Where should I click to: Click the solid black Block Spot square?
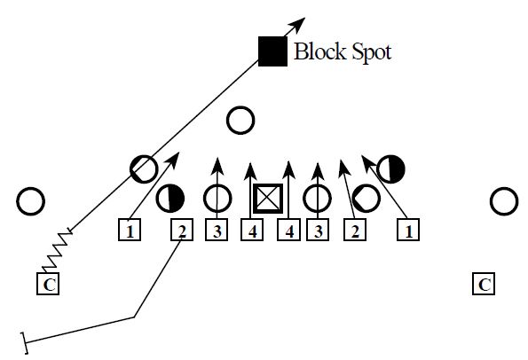(x=272, y=51)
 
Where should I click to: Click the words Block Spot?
(x=343, y=51)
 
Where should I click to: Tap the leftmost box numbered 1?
(x=130, y=232)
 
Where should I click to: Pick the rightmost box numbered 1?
(x=409, y=232)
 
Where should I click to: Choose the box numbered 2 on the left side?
(x=182, y=232)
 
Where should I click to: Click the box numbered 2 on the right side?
(x=355, y=232)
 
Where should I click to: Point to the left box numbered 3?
(x=217, y=232)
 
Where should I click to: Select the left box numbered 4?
(x=255, y=232)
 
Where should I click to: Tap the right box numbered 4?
(x=288, y=232)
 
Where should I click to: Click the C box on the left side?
(x=49, y=285)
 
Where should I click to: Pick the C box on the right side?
(x=484, y=285)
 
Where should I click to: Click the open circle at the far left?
(x=30, y=201)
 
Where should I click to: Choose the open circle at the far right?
(x=504, y=201)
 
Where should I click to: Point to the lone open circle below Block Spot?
(x=240, y=120)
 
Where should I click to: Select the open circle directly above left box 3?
(x=217, y=199)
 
